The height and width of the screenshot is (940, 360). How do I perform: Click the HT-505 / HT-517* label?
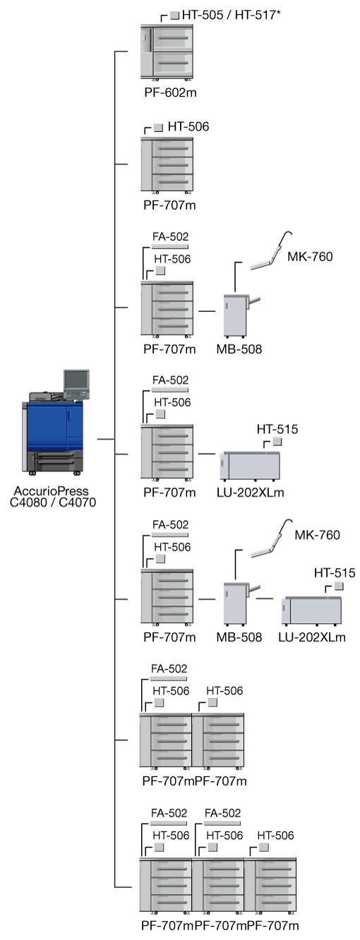coord(232,15)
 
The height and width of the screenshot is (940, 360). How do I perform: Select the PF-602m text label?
coord(170,92)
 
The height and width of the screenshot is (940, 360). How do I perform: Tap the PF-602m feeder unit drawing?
coord(167,52)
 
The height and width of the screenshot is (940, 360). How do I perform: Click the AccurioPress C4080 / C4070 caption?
coord(53,497)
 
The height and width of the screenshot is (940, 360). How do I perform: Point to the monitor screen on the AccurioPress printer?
coord(76,380)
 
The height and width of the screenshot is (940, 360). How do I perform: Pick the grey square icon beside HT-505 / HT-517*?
coord(175,16)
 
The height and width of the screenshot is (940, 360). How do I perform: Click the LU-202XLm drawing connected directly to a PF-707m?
coord(250,466)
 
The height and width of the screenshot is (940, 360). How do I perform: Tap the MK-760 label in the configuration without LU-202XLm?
coord(310,257)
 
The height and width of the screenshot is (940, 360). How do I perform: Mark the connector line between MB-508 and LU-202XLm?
coord(264,598)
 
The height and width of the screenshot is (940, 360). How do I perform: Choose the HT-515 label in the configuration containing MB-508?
coord(335,573)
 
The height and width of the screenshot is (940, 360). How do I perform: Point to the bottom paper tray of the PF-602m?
coord(173,64)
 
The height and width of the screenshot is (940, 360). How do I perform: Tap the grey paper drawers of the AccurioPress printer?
coord(54,462)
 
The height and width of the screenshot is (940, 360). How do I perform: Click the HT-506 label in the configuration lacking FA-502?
coord(188,127)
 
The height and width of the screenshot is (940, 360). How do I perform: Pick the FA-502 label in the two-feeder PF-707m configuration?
coord(169,669)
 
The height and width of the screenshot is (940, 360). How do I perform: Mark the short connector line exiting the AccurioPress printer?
coord(106,440)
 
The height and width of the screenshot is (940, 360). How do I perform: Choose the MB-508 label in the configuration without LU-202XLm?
coord(239,349)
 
